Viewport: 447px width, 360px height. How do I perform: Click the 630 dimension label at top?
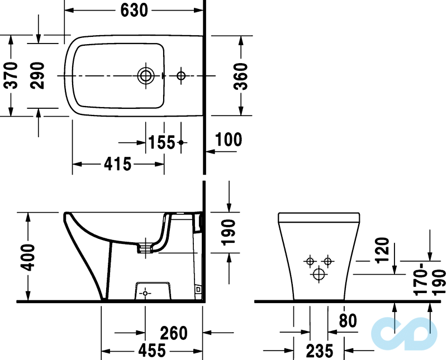point(134,9)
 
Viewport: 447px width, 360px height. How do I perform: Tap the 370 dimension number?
point(11,75)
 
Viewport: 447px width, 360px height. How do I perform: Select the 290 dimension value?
point(37,75)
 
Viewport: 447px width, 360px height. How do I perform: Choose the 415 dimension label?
point(117,164)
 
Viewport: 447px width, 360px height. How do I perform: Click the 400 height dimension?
point(27,257)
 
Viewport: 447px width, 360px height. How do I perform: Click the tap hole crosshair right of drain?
point(180,75)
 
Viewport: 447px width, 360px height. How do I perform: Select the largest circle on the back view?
point(319,273)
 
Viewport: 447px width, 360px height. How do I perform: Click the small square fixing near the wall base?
point(197,289)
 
